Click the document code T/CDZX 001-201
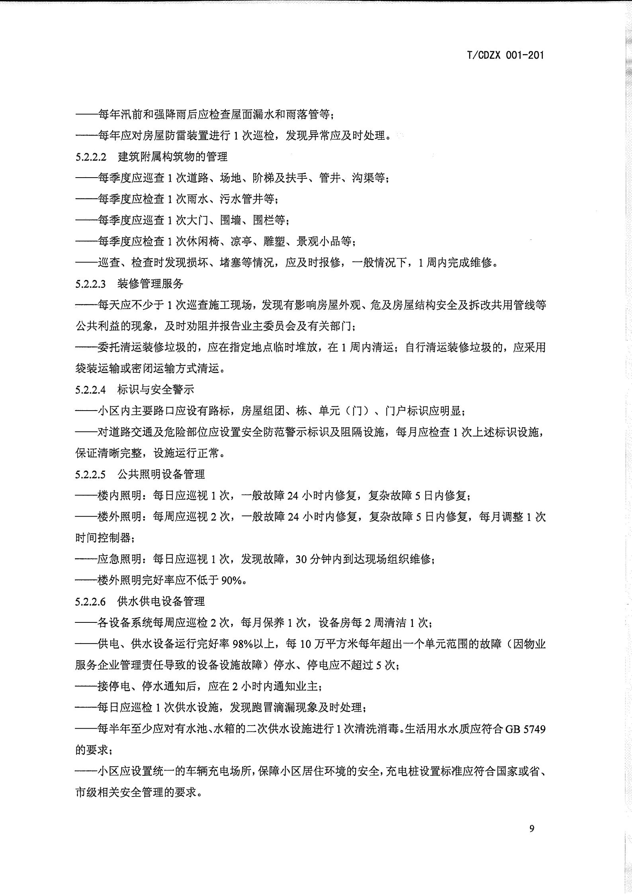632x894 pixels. click(x=505, y=55)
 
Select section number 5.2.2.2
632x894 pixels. click(x=91, y=157)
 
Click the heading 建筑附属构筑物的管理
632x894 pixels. click(x=172, y=156)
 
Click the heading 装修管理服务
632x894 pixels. click(x=150, y=284)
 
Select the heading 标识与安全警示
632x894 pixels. click(x=156, y=389)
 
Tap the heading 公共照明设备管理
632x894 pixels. click(x=161, y=474)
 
